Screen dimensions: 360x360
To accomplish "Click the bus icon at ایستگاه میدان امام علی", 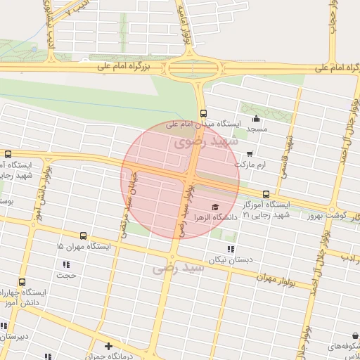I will coord(203,113).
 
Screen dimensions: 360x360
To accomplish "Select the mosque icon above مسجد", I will coord(257,118).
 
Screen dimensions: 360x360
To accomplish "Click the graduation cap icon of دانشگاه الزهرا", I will coord(215,207).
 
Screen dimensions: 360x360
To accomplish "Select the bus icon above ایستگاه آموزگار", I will coord(266,194).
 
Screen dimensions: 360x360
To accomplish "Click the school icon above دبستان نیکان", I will coord(230,249).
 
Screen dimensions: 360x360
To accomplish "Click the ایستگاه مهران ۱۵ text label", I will coord(85,247).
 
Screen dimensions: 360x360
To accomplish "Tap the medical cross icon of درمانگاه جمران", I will coord(108,346).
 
